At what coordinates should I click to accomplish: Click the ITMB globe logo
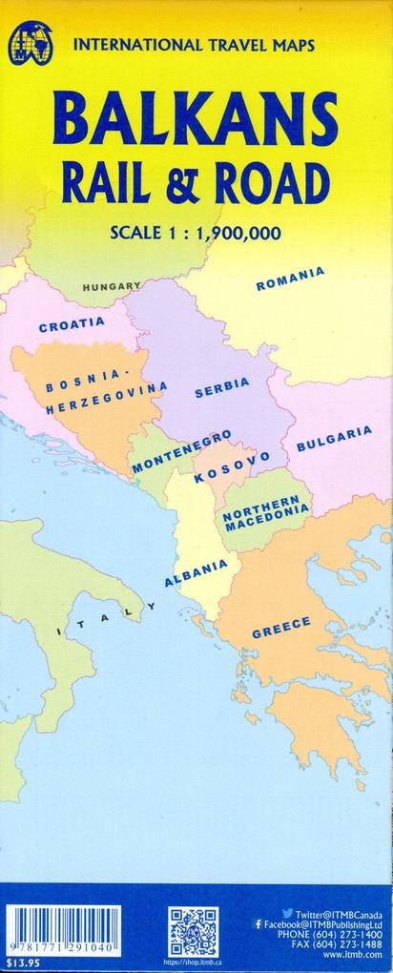(30, 45)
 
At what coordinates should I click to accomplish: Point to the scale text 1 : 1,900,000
(228, 231)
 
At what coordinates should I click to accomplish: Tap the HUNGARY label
(112, 286)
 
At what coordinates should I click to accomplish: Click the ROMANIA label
(290, 279)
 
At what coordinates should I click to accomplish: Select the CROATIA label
(72, 324)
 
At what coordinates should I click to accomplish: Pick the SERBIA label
(222, 387)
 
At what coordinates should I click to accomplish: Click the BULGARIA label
(334, 438)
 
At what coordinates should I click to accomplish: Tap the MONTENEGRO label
(181, 452)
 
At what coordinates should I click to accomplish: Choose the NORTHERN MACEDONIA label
(266, 511)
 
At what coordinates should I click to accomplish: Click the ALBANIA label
(196, 572)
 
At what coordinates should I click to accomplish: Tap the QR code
(194, 933)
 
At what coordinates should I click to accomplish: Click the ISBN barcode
(63, 929)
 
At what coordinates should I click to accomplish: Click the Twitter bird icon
(287, 914)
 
